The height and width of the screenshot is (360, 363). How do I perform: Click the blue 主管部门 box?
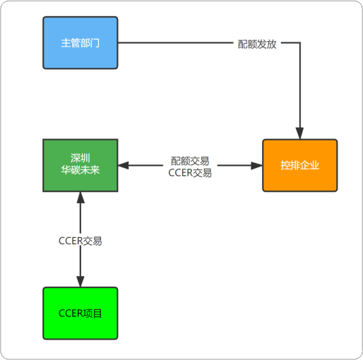click(81, 42)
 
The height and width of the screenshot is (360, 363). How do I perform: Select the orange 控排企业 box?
click(300, 165)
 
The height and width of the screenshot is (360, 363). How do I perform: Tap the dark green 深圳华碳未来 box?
click(81, 165)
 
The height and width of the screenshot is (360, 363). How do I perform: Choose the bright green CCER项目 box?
click(81, 313)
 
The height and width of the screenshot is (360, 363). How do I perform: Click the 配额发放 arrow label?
click(257, 44)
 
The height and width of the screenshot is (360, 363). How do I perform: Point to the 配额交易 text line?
click(190, 161)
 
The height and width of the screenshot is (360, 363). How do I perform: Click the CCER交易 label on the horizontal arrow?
click(190, 173)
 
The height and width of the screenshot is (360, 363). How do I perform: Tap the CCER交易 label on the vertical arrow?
click(81, 241)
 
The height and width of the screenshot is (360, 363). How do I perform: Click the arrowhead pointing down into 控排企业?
click(299, 133)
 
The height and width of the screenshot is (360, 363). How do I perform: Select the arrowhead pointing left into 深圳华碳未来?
click(124, 165)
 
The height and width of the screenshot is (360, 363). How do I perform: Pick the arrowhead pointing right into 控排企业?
click(256, 165)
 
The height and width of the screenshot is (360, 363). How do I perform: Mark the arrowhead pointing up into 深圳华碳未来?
click(81, 198)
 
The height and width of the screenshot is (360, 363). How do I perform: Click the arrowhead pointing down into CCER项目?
click(81, 282)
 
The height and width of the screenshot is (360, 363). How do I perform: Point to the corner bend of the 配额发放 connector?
click(300, 42)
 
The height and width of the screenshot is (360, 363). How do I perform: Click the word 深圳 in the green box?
click(81, 158)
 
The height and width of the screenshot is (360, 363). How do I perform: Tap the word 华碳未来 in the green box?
click(81, 170)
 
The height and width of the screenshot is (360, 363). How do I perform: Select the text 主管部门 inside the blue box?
click(81, 43)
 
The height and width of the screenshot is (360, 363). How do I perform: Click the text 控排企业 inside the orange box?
click(300, 165)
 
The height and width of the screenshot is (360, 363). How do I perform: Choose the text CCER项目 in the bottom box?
click(81, 313)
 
